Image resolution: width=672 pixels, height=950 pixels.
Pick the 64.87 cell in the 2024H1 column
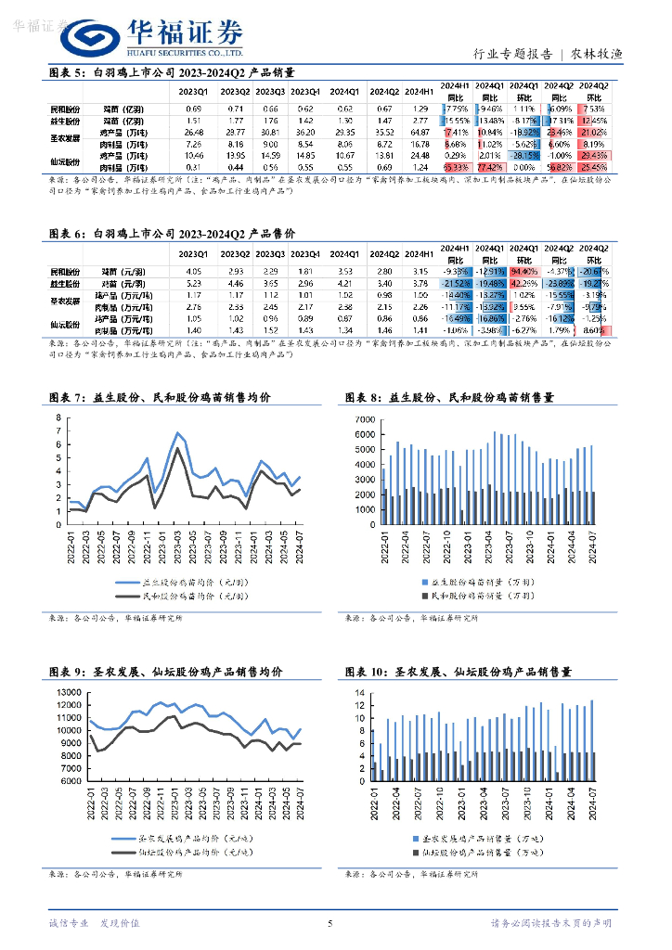pyautogui.click(x=420, y=132)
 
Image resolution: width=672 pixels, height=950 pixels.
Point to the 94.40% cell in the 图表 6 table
pyautogui.click(x=524, y=282)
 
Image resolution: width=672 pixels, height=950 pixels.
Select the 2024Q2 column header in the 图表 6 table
pyautogui.click(x=383, y=253)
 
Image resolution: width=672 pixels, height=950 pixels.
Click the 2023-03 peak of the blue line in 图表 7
pyautogui.click(x=177, y=432)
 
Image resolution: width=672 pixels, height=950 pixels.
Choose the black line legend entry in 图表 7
pyautogui.click(x=176, y=596)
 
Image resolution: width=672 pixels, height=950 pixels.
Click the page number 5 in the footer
pyautogui.click(x=330, y=923)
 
